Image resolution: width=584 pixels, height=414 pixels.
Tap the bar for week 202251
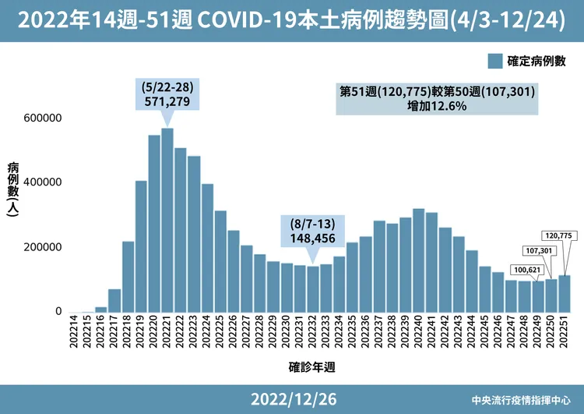[x=565, y=294]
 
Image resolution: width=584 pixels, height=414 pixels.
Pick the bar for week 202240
[x=419, y=260]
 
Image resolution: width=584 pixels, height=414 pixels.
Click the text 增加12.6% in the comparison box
[x=437, y=105]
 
